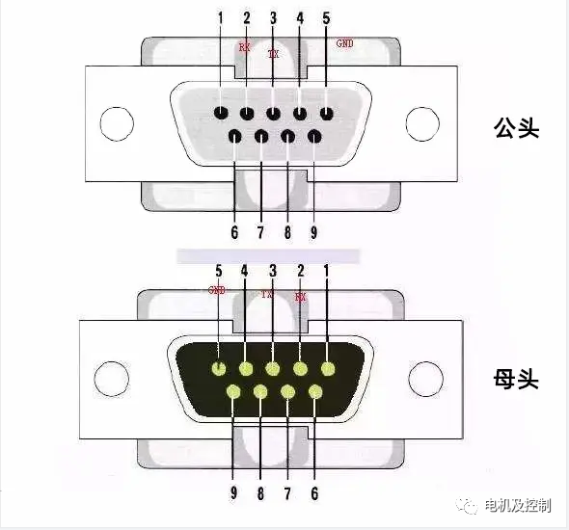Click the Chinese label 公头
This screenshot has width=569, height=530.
coord(514,127)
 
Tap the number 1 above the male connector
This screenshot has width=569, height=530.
coord(220,18)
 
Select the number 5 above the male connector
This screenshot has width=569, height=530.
coord(326,18)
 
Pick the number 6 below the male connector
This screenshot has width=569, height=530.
coord(234,231)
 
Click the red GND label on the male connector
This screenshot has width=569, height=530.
coord(344,43)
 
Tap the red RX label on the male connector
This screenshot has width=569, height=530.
coord(245,45)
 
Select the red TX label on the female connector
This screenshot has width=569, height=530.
coord(267,295)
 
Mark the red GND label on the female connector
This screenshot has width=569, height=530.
coord(217,290)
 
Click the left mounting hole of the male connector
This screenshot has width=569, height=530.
coord(115,124)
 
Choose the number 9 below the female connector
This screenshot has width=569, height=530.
coord(233,492)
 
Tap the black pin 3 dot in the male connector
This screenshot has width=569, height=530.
coord(273,114)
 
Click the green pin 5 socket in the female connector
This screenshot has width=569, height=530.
coord(220,368)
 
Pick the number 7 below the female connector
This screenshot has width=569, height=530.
coord(287,492)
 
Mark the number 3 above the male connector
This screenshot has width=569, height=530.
coord(273,18)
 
